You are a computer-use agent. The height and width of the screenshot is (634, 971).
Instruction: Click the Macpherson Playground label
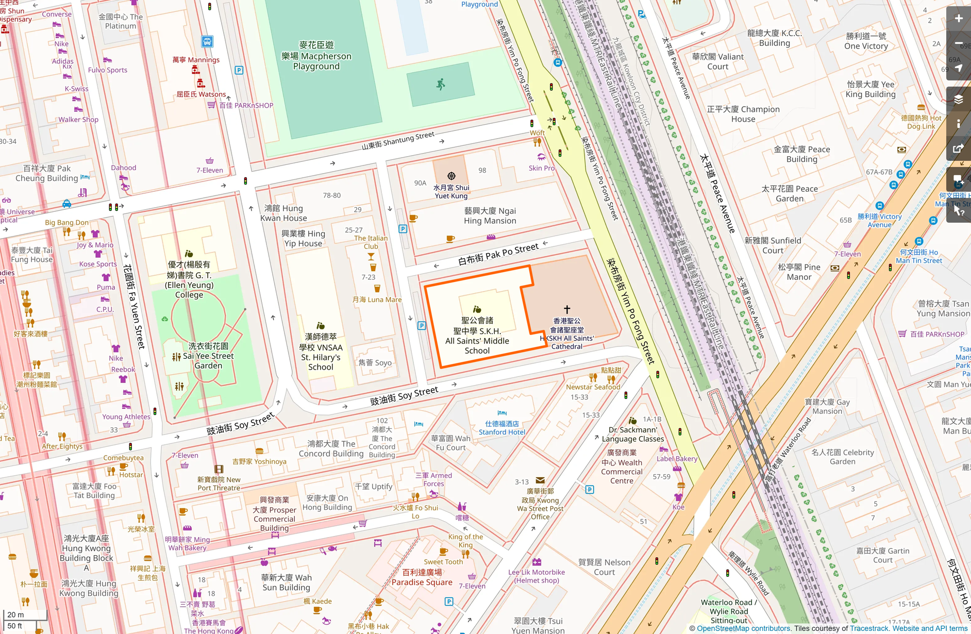point(316,56)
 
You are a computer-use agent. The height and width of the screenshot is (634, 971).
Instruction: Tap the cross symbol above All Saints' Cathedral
point(567,309)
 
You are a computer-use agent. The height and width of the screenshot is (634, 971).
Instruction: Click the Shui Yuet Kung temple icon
point(451,176)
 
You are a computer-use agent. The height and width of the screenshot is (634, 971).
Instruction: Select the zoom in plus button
point(958,19)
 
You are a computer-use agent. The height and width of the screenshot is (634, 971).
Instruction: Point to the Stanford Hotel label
point(502,428)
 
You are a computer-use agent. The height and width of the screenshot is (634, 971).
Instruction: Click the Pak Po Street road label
point(498,254)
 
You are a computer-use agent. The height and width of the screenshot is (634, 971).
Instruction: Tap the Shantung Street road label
point(398,141)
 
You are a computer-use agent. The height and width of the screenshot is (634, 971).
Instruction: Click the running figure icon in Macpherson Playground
point(440,84)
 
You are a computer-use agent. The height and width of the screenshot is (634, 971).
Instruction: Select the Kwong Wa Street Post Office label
point(540,504)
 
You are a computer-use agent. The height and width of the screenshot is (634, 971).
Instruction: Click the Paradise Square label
point(422,577)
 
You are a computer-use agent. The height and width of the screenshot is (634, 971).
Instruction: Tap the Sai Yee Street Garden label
point(208,356)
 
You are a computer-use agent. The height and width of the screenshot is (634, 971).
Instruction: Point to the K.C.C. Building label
point(774,38)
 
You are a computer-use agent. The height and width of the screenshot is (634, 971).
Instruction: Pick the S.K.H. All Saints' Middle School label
point(477,336)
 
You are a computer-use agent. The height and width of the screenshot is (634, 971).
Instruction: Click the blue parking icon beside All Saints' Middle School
point(422,326)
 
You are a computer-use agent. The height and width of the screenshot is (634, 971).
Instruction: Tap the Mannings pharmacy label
point(196,60)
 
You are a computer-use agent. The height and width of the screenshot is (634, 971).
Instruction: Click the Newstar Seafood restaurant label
point(593,387)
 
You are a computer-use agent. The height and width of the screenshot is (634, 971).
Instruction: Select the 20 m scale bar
point(25,615)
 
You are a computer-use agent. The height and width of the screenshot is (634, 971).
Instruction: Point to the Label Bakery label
point(676,459)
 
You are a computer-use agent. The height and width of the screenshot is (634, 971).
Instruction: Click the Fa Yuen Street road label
point(133,306)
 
